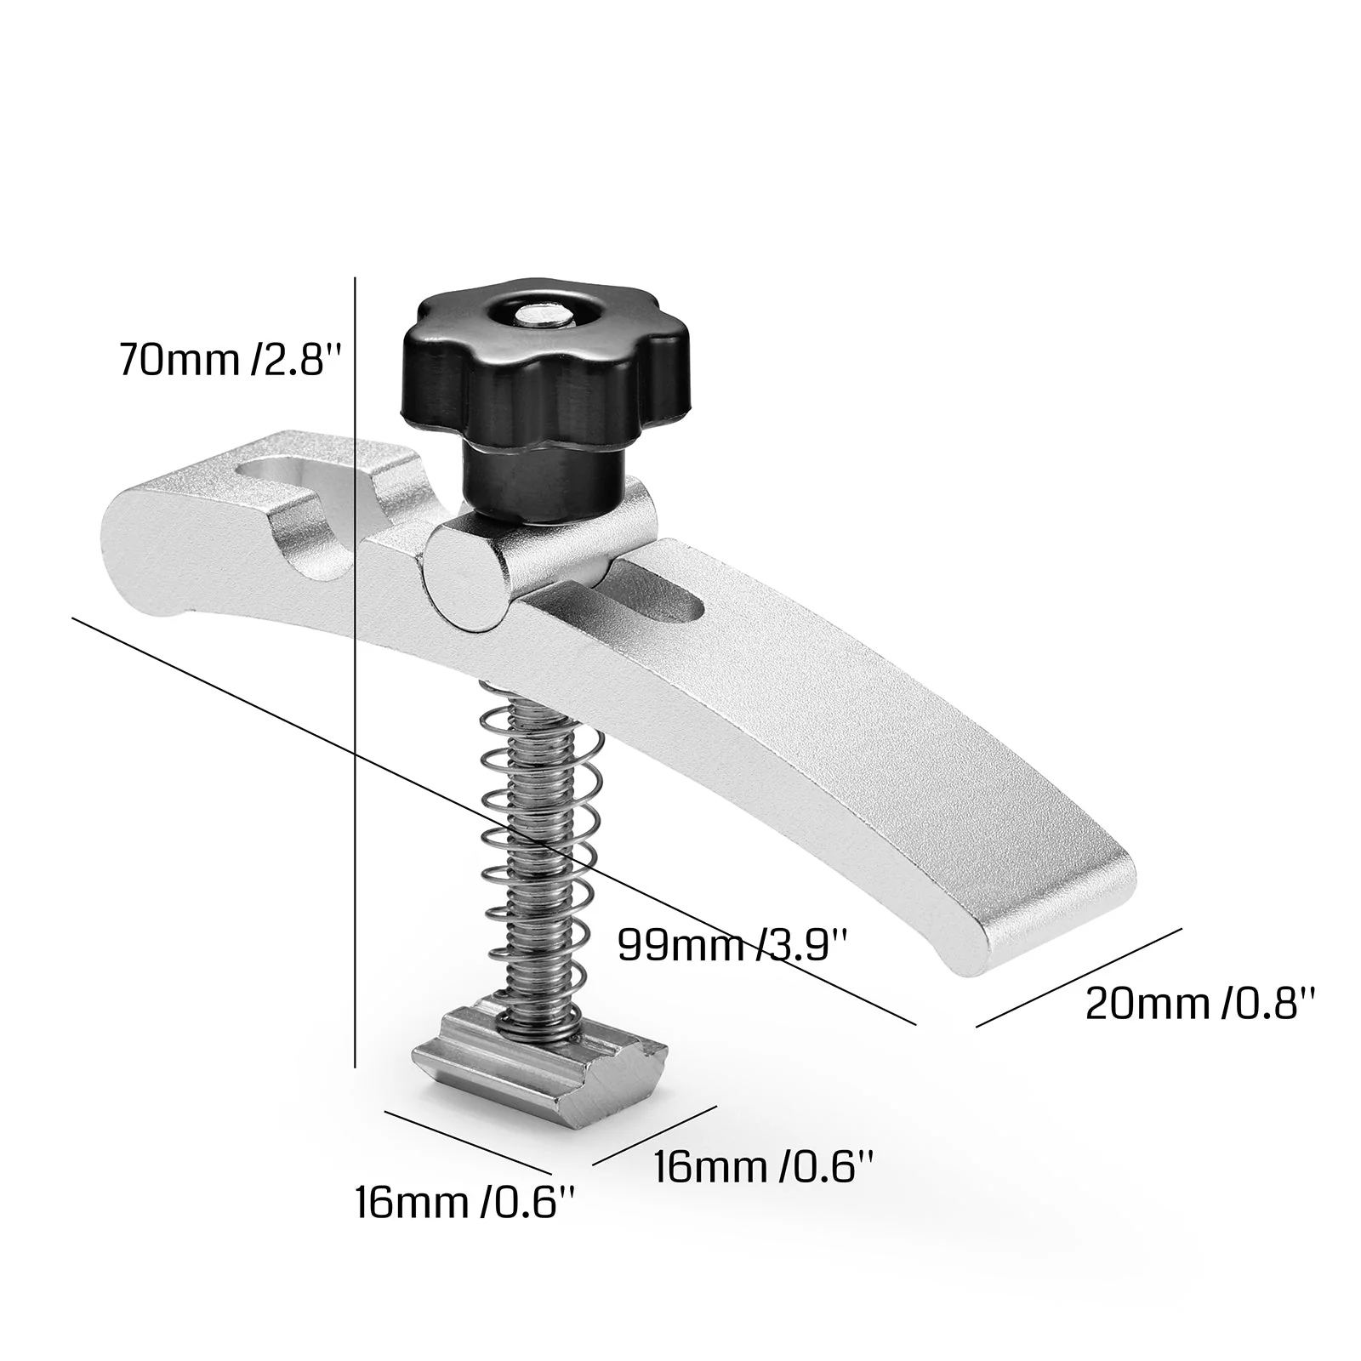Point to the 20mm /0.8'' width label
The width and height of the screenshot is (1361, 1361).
coord(1201,1004)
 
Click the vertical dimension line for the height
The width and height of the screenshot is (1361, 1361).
coord(354,680)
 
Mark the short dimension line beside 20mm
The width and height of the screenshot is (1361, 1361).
coord(1079,977)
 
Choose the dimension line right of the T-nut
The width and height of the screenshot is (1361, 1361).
coord(655,1136)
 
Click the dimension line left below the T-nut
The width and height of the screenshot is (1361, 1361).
coord(464,1142)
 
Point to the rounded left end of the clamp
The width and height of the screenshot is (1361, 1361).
coord(128,553)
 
